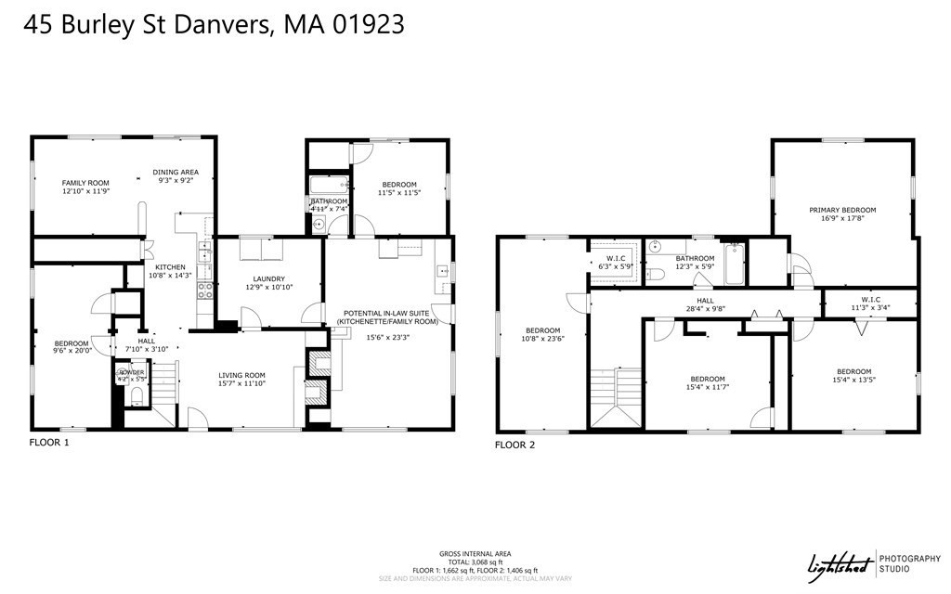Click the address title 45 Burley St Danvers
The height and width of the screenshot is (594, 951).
[215, 25]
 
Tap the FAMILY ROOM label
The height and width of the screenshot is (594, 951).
[85, 183]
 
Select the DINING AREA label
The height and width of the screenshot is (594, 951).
[176, 173]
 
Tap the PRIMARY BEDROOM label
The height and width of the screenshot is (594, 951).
[842, 210]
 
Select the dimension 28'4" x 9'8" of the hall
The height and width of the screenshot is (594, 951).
[705, 310]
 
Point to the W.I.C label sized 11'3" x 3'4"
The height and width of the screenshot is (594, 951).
[870, 299]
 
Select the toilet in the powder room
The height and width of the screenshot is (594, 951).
[136, 397]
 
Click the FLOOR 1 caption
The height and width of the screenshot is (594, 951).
[49, 443]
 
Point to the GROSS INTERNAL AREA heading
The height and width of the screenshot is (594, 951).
[475, 553]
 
